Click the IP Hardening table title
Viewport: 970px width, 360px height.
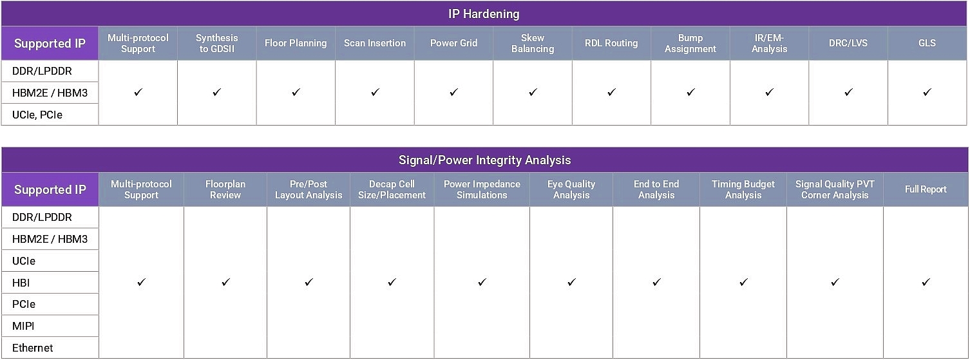(x=484, y=14)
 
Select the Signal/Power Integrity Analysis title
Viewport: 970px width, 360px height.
(x=484, y=160)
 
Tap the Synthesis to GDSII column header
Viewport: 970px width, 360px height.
(x=216, y=43)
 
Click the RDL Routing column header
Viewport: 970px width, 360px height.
(x=611, y=43)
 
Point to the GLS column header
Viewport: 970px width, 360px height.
(x=927, y=43)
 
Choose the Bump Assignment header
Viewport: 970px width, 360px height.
(x=690, y=43)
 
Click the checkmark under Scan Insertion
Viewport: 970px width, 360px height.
(x=375, y=92)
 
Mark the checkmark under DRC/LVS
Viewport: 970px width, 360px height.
(x=848, y=92)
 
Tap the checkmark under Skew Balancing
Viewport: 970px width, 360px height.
(x=533, y=92)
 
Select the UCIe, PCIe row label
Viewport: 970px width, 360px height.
(x=37, y=115)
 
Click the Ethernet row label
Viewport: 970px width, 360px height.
(x=32, y=348)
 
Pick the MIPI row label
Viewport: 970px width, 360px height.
(x=23, y=326)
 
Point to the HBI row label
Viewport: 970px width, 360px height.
(x=21, y=283)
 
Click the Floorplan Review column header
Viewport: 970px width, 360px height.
(x=225, y=189)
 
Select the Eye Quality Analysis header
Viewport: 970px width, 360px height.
(x=571, y=189)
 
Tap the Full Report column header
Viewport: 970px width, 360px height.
(x=926, y=189)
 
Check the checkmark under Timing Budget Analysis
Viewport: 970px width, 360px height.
(x=743, y=282)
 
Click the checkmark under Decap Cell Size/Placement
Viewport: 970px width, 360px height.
(x=392, y=282)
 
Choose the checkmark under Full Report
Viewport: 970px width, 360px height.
(x=926, y=282)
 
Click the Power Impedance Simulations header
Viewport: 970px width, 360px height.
(x=482, y=189)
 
